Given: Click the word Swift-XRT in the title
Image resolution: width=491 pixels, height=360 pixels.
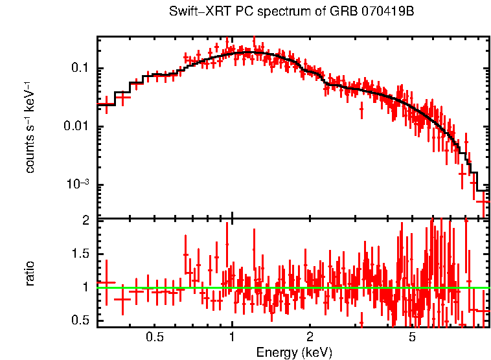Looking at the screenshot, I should click(x=196, y=12).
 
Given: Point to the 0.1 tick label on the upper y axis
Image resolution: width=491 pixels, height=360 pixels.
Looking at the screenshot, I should click(x=82, y=69).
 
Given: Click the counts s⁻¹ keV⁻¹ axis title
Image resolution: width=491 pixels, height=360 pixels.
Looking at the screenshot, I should click(x=30, y=127).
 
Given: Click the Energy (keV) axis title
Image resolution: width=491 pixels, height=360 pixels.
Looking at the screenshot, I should click(x=293, y=352).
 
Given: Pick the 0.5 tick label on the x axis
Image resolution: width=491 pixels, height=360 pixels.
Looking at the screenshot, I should click(x=154, y=337).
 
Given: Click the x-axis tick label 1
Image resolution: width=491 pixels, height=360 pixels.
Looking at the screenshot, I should click(x=232, y=337).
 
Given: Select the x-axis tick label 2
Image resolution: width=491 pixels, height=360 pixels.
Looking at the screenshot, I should click(x=310, y=337).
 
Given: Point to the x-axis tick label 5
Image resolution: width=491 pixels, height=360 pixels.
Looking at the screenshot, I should click(x=412, y=337).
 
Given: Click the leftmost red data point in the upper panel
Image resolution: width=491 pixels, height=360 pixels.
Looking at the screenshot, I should click(x=106, y=104).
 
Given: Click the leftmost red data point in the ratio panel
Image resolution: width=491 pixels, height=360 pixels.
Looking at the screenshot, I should click(x=106, y=283).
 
